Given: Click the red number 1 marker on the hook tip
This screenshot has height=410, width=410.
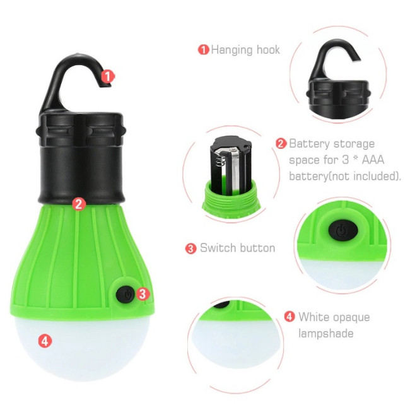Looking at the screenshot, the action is click(x=107, y=76).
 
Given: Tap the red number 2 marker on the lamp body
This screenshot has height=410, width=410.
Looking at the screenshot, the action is click(x=79, y=204).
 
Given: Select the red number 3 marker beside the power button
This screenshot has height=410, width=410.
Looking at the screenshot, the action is click(x=142, y=294).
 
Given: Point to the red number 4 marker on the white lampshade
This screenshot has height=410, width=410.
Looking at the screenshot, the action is click(x=45, y=341).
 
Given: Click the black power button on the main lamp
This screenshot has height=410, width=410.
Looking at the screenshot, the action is click(x=126, y=295).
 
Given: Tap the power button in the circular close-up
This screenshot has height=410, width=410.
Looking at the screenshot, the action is click(x=343, y=230).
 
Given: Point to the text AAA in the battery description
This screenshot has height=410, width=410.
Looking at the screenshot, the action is click(x=373, y=160).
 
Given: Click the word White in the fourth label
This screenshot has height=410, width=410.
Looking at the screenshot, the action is click(x=313, y=317).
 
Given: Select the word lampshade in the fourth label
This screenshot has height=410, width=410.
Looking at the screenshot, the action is click(x=326, y=334).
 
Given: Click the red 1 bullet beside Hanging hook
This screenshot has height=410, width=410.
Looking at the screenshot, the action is click(x=204, y=50).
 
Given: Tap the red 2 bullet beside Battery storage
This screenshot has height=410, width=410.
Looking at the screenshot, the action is click(x=281, y=144).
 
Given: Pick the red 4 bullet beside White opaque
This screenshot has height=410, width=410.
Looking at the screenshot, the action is click(x=290, y=317).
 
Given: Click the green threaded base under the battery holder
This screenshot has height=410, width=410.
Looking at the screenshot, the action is click(x=231, y=200).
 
